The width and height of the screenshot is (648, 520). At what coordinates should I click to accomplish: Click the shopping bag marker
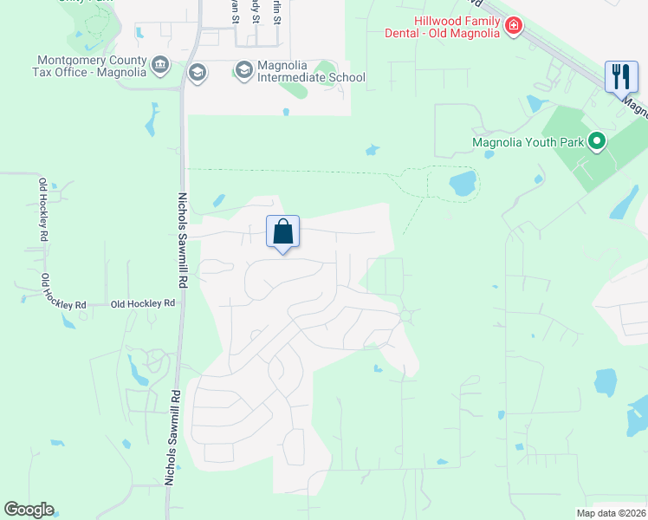coord(282,232)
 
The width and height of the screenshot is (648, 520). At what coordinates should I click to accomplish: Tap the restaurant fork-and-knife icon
coord(620,76)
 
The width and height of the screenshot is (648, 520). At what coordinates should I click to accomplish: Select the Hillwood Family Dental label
coord(443,27)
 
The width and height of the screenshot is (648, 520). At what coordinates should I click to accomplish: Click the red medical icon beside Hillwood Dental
coord(514,27)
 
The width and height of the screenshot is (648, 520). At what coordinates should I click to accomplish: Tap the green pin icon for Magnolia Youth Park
coord(596,140)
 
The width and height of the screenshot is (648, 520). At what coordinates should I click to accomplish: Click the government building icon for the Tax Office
coord(159,65)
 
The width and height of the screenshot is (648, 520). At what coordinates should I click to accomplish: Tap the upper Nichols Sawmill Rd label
coord(184,240)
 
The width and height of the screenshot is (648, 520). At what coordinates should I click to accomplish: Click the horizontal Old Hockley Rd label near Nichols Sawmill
coord(144,304)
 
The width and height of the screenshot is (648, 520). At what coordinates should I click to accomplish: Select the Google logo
coord(29,509)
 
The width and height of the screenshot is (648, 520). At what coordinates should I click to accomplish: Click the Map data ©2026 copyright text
coord(611,513)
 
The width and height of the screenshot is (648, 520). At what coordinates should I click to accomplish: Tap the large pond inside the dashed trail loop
coord(463,183)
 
